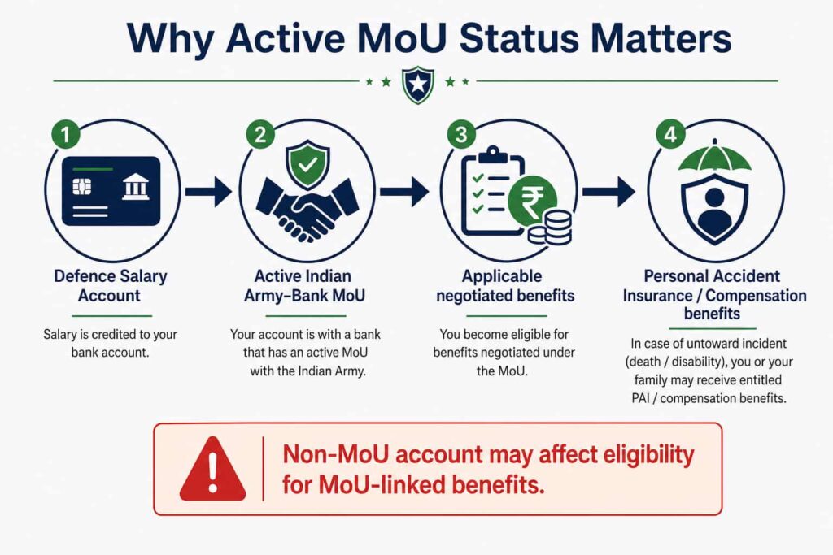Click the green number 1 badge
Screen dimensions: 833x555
tap(66, 134)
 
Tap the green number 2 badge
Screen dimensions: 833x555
tap(260, 134)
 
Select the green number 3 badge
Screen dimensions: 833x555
tap(461, 134)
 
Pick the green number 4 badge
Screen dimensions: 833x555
tap(670, 134)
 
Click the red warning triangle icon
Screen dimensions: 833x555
tap(212, 470)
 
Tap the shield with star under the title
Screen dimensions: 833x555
tap(418, 85)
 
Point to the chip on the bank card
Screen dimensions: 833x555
tap(82, 187)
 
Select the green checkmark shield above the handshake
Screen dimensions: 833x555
tap(307, 165)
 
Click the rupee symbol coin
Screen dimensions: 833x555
tap(532, 200)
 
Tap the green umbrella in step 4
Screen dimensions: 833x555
tap(714, 157)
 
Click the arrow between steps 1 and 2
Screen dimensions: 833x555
tap(207, 191)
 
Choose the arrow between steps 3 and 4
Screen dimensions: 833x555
tap(608, 191)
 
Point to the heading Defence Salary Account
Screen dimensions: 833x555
tap(110, 285)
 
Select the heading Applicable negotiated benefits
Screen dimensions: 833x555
tap(504, 285)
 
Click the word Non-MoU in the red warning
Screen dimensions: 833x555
tap(336, 455)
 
